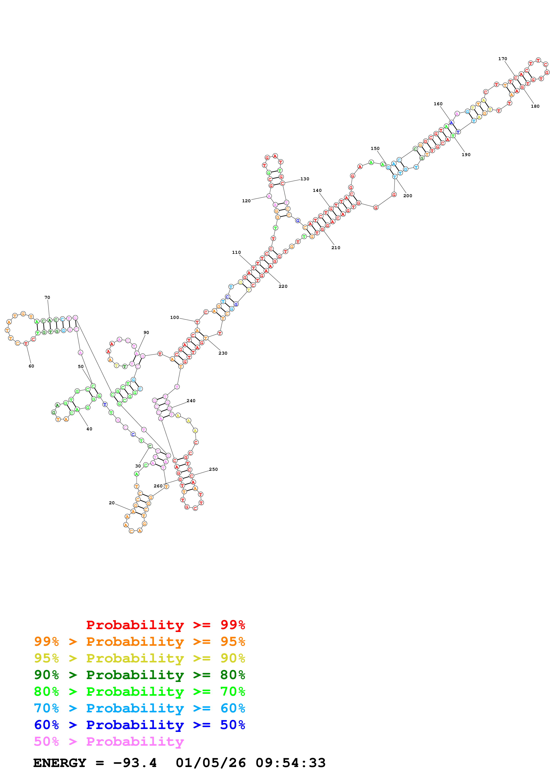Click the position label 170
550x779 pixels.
pos(502,59)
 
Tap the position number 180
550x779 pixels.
pos(535,106)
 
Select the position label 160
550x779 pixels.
pos(438,104)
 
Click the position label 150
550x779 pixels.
pos(375,148)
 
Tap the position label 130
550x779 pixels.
pos(305,179)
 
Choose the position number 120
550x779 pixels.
pos(246,201)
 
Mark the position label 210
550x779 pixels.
pos(335,248)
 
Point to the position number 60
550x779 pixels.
pos(31,366)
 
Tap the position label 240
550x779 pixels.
pos(191,401)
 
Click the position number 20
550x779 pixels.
pos(112,503)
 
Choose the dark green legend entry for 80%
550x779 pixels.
pos(139,675)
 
